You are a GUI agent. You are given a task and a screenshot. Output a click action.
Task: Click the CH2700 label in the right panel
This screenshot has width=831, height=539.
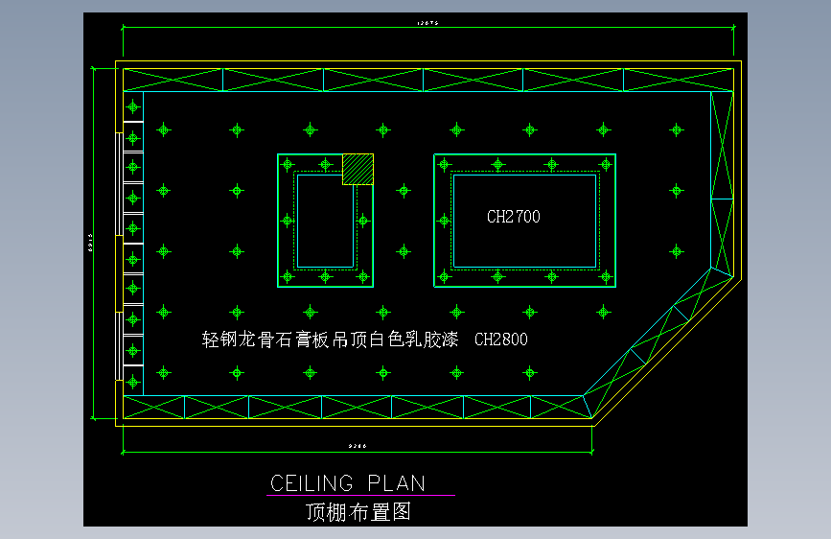[513, 217]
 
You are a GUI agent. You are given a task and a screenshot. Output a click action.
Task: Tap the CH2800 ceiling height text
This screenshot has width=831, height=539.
[501, 340]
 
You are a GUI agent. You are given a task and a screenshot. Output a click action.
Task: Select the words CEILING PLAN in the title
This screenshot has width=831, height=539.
[348, 482]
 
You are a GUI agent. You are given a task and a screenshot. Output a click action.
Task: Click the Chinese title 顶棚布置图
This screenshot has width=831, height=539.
[358, 511]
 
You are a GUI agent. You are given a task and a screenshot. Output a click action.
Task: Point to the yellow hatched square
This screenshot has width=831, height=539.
[358, 169]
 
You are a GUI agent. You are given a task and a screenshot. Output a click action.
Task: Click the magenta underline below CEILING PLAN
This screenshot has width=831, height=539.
[360, 496]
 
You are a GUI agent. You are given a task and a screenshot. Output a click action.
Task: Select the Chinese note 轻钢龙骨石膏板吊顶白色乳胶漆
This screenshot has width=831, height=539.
[330, 340]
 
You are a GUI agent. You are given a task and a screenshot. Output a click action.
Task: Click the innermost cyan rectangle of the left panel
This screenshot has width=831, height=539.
[325, 221]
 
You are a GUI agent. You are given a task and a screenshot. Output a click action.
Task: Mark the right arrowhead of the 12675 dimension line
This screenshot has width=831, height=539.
[739, 29]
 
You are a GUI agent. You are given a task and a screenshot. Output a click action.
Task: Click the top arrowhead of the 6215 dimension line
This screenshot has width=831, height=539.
[95, 68]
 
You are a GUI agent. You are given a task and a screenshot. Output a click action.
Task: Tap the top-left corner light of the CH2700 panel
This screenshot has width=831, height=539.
[444, 164]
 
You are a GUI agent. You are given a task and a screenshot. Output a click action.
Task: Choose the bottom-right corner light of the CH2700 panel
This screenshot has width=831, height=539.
[606, 277]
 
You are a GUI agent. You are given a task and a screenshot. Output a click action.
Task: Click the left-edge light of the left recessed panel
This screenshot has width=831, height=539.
[287, 221]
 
